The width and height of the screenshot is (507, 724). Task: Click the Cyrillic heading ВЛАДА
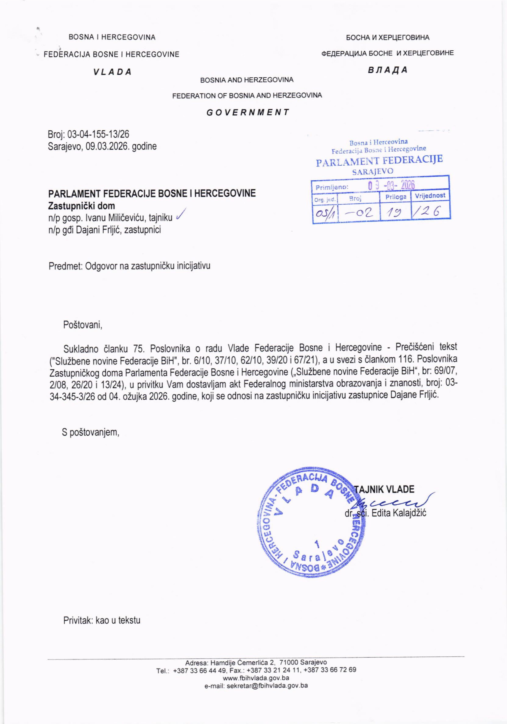388,70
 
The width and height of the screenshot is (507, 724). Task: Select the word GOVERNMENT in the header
248,112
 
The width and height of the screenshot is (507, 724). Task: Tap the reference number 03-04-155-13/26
98,135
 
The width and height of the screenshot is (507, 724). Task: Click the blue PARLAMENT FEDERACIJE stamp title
379,161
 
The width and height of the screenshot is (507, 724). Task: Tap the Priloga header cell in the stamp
396,197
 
